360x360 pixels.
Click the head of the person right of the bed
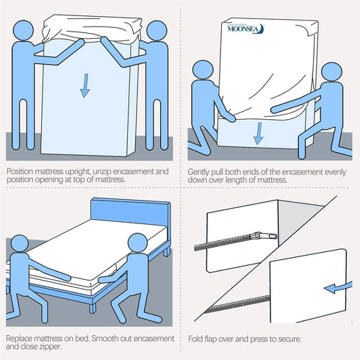(137, 244)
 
